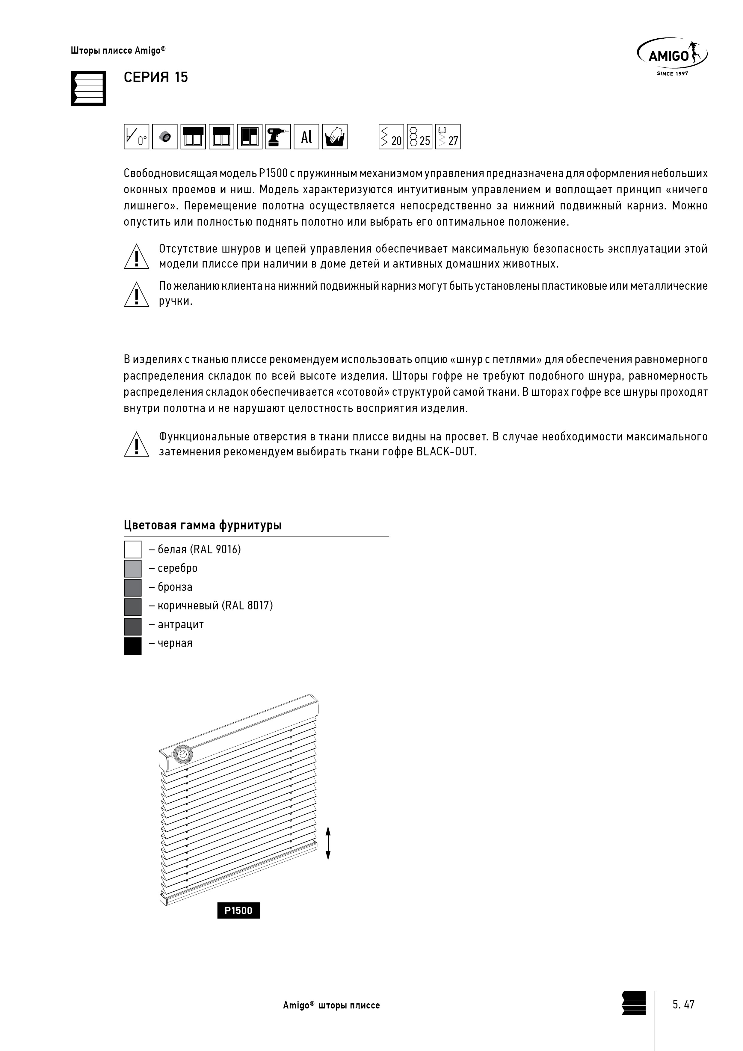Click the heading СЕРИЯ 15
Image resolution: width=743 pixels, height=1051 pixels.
click(x=156, y=77)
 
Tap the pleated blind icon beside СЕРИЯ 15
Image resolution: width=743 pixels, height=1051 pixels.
click(x=88, y=88)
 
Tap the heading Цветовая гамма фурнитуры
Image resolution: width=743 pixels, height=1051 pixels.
click(x=202, y=525)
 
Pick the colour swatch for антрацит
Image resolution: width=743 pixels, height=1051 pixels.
click(x=133, y=626)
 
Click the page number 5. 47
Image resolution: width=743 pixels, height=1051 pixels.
click(x=683, y=1004)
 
